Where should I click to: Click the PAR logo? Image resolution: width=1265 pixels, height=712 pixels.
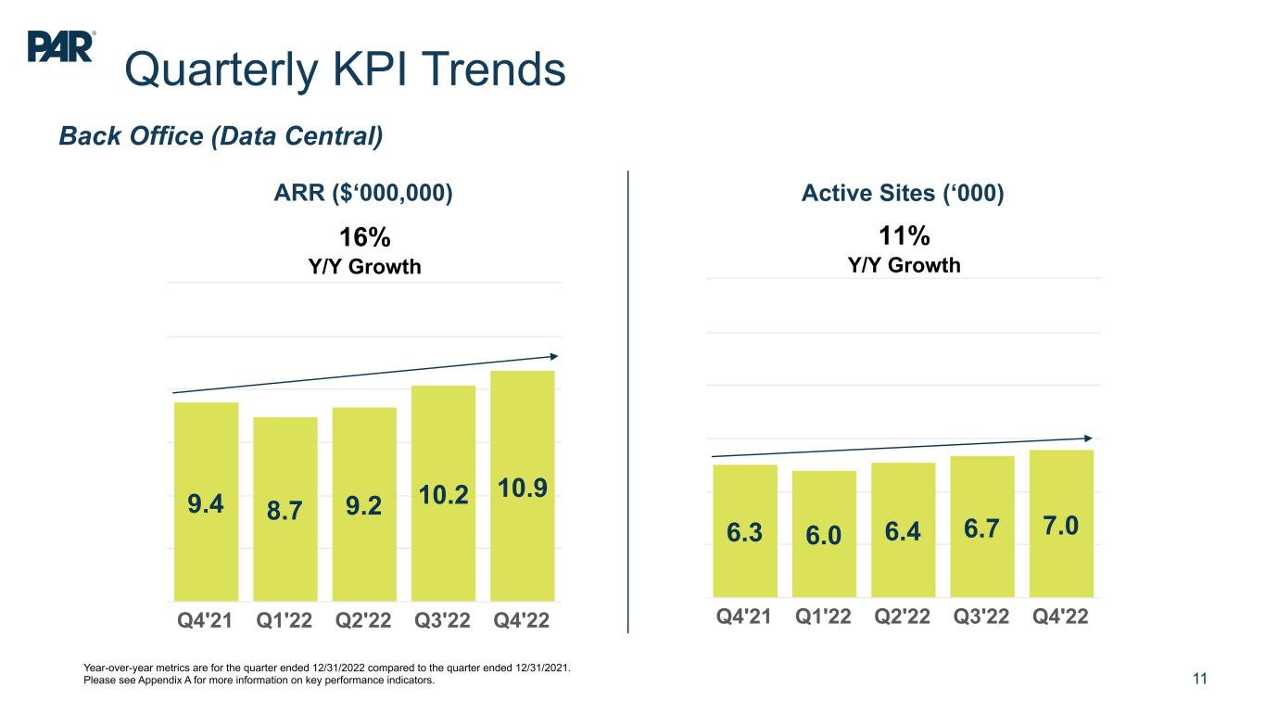point(61,45)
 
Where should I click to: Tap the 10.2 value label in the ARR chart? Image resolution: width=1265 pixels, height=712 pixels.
point(443,495)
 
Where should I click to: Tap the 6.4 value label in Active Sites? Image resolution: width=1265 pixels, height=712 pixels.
point(904,532)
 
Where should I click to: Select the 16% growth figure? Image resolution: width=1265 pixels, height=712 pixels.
point(358,237)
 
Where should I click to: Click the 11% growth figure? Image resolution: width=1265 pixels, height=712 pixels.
point(904,235)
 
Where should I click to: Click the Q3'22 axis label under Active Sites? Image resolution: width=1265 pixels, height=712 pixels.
point(982,617)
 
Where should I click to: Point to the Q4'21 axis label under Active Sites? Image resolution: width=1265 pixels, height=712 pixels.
point(744,617)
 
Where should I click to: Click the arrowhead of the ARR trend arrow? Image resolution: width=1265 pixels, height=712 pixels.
point(553,356)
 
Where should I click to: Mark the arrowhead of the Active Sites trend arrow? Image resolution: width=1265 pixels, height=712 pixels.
point(1087,438)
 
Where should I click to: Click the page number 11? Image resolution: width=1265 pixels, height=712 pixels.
point(1200,680)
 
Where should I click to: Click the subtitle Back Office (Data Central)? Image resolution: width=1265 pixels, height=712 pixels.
point(221,136)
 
